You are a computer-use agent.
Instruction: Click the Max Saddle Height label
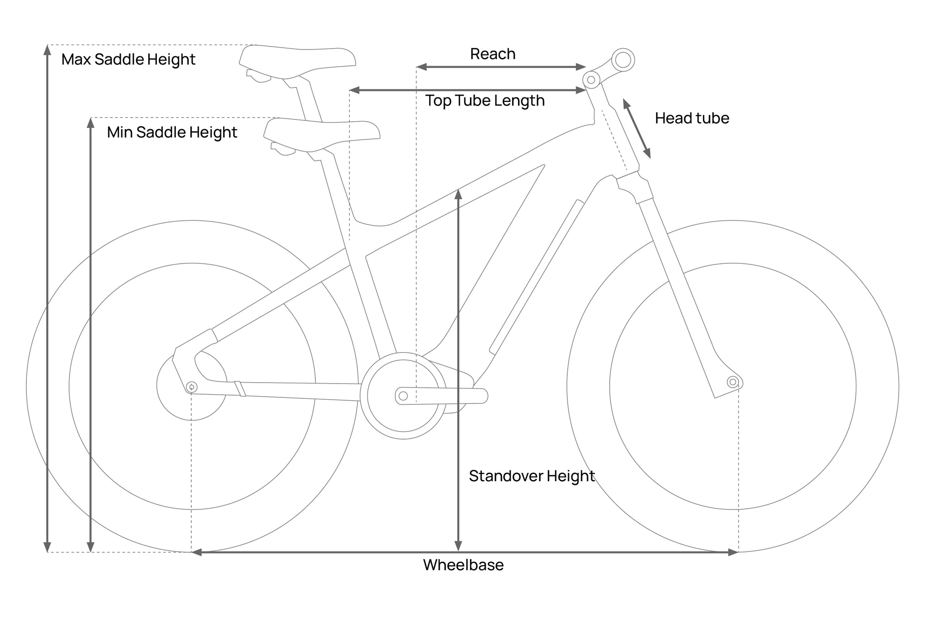[x=128, y=60]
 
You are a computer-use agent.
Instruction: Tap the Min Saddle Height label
[x=172, y=133]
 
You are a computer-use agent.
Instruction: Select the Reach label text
[x=493, y=54]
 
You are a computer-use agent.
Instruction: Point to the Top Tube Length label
[x=485, y=101]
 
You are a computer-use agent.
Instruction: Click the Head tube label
[x=692, y=118]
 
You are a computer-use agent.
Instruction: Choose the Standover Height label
[x=532, y=476]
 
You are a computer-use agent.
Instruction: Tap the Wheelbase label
[x=463, y=565]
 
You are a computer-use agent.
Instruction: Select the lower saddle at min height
[x=322, y=135]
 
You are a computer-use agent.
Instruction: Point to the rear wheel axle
[x=191, y=387]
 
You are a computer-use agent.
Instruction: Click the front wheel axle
[x=732, y=382]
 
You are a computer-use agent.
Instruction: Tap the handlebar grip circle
[x=623, y=60]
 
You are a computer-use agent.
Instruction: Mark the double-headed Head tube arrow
[x=637, y=129]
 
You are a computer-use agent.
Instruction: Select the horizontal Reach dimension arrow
[x=501, y=67]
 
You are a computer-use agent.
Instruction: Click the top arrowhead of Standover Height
[x=458, y=194]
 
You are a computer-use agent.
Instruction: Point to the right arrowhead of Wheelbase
[x=733, y=552]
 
